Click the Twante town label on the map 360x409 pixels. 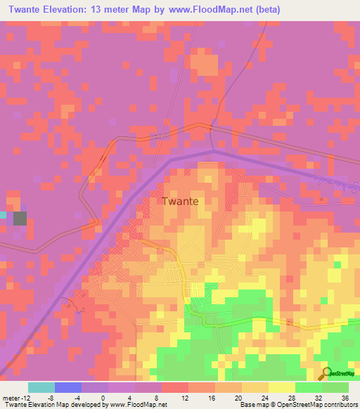pyautogui.click(x=180, y=201)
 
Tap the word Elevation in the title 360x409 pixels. pyautogui.click(x=60, y=10)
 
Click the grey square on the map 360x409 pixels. pyautogui.click(x=20, y=218)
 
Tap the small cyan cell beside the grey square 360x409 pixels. pyautogui.click(x=4, y=215)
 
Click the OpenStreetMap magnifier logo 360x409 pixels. pyautogui.click(x=327, y=373)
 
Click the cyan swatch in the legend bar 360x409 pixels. pyautogui.click(x=41, y=387)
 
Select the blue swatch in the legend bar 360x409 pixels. pyautogui.click(x=67, y=387)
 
